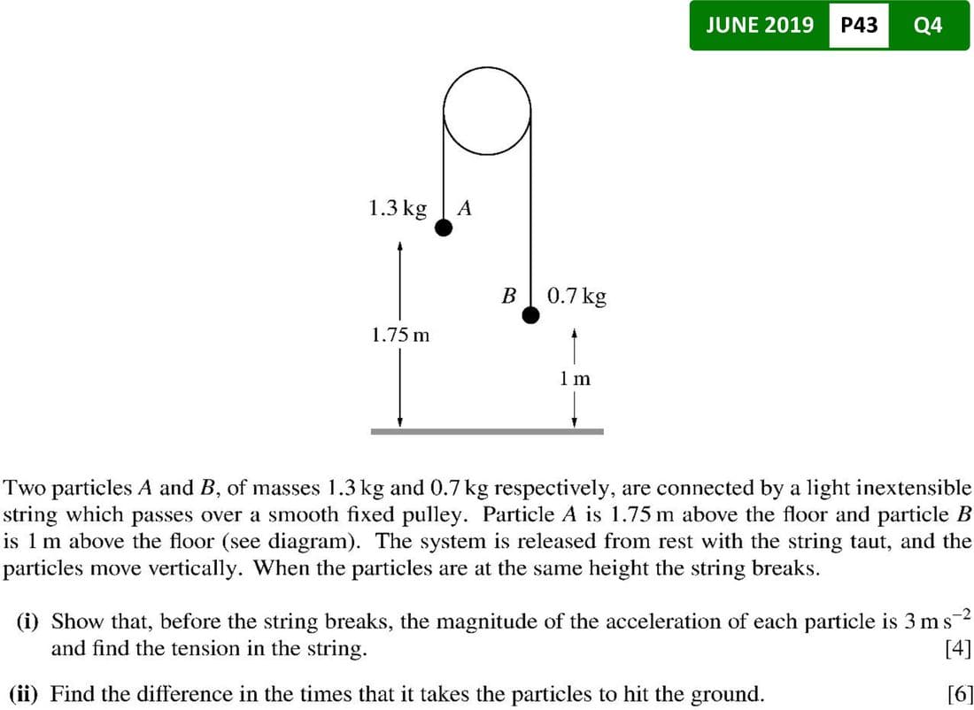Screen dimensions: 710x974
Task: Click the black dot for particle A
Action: pos(444,228)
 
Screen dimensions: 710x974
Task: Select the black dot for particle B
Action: pos(530,315)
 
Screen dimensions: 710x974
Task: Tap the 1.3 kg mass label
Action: pos(397,208)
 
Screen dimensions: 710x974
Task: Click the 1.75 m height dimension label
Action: pos(399,336)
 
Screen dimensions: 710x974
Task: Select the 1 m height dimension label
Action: pos(575,378)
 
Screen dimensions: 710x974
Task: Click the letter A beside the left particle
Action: pos(466,209)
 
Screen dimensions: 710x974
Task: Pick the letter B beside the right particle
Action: pos(508,295)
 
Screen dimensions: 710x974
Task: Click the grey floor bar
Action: pos(486,431)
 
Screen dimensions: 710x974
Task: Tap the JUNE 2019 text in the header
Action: pos(760,25)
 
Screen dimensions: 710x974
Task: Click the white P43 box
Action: pos(858,25)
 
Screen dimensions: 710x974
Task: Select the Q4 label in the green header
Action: pos(927,25)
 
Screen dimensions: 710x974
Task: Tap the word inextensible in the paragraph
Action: pos(922,488)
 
